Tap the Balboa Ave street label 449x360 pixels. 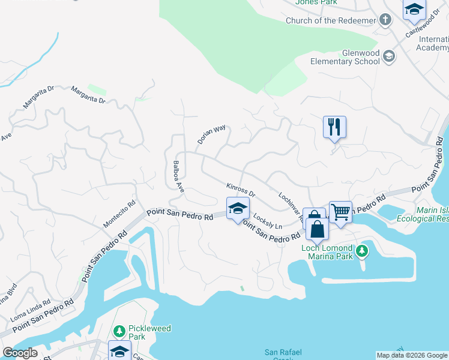pyautogui.click(x=177, y=175)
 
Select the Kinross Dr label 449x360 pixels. pyautogui.click(x=241, y=190)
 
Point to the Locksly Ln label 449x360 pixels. pyautogui.click(x=268, y=221)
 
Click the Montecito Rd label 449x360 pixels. pyautogui.click(x=119, y=214)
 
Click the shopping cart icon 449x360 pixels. pyautogui.click(x=340, y=212)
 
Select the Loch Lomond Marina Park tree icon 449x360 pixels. pyautogui.click(x=361, y=251)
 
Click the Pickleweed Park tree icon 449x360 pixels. pyautogui.click(x=119, y=331)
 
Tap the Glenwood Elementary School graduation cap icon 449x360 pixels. pyautogui.click(x=388, y=57)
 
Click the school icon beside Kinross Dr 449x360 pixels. pyautogui.click(x=238, y=209)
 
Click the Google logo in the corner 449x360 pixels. pyautogui.click(x=20, y=353)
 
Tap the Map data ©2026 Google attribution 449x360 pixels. pyautogui.click(x=412, y=355)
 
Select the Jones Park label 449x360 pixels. pyautogui.click(x=316, y=2)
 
